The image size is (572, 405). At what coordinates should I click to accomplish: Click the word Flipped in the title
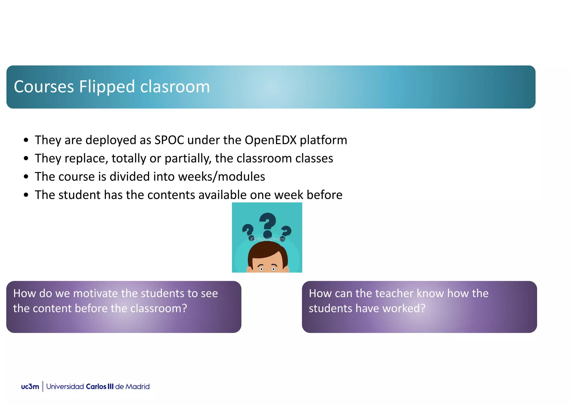click(107, 87)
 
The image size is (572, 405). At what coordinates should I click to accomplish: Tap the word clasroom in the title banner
click(175, 87)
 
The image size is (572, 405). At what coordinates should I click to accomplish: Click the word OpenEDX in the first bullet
click(270, 140)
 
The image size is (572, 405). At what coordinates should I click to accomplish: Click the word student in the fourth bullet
click(79, 195)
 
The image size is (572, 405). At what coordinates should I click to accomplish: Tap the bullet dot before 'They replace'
click(26, 158)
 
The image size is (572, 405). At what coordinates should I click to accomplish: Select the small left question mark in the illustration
click(247, 231)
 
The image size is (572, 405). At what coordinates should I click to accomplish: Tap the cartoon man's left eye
click(261, 269)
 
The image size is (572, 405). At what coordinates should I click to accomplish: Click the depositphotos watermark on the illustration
click(268, 239)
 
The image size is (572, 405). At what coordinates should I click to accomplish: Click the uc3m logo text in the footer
click(30, 387)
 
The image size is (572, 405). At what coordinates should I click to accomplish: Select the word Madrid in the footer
click(137, 387)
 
